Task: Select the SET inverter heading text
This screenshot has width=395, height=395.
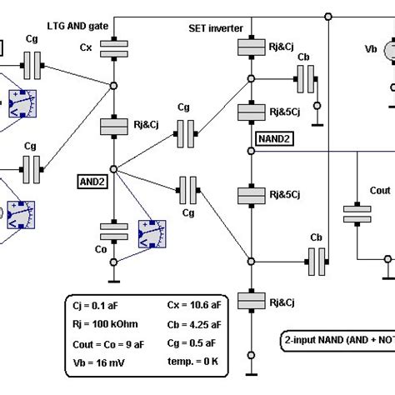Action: coord(216,28)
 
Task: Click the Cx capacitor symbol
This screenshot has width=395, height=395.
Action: coord(112,49)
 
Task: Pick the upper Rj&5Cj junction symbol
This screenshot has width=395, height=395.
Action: coord(251,112)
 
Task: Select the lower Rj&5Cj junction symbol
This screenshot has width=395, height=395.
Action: coord(251,195)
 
